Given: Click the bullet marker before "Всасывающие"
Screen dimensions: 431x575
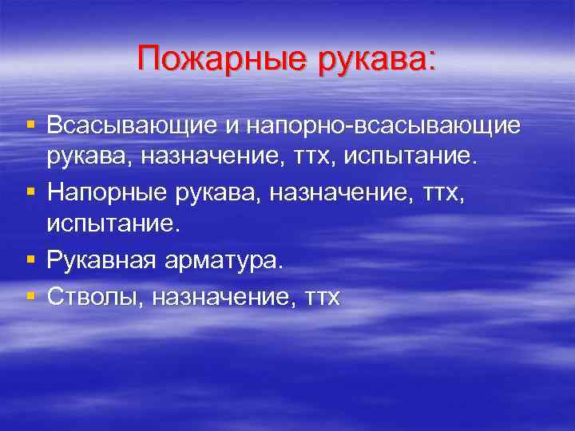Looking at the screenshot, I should pyautogui.click(x=30, y=125).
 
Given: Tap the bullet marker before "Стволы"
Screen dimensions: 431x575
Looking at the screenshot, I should pyautogui.click(x=30, y=296).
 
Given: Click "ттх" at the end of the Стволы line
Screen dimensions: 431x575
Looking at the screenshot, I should pyautogui.click(x=323, y=298).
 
